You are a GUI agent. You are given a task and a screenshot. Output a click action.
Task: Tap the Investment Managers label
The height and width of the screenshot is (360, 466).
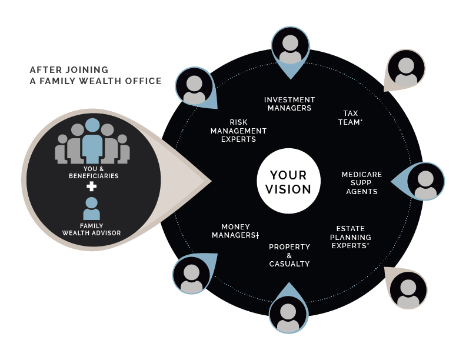click(289, 104)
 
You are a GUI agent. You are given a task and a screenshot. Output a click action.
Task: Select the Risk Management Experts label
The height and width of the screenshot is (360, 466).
click(238, 131)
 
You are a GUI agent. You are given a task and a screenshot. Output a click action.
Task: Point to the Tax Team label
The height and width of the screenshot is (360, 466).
click(351, 117)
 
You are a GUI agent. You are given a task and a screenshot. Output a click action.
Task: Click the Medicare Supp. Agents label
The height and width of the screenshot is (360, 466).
click(362, 183)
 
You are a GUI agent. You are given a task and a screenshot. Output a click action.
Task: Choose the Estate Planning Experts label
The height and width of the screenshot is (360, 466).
click(351, 237)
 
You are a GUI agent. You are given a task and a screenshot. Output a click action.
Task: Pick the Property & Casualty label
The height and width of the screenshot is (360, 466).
click(289, 255)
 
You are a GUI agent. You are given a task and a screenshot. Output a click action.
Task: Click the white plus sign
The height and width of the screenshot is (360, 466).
click(91, 187)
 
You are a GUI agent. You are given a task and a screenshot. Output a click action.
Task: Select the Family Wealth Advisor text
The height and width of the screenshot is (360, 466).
click(91, 229)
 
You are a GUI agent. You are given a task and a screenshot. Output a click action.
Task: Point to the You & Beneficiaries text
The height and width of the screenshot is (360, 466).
click(93, 172)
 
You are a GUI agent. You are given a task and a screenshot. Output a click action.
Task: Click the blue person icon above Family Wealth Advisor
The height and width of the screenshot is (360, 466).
click(91, 208)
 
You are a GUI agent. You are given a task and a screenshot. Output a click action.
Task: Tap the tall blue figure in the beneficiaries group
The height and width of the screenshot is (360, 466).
click(92, 142)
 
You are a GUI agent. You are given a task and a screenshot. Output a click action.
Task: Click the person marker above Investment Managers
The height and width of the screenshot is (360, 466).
click(290, 48)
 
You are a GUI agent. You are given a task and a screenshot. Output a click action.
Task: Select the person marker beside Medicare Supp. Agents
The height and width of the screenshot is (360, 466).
click(425, 182)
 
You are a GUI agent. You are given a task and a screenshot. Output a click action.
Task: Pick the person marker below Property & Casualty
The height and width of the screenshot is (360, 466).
click(288, 315)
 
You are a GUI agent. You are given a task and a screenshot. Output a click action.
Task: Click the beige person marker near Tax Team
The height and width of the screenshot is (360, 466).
click(406, 70)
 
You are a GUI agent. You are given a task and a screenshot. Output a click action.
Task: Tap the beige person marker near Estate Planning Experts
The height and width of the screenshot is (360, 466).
click(408, 289)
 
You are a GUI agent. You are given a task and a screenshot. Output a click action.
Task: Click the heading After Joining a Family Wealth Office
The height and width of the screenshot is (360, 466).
click(95, 75)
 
